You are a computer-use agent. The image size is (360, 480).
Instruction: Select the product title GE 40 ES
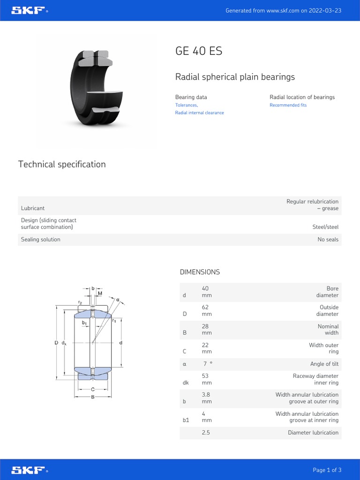(x=199, y=51)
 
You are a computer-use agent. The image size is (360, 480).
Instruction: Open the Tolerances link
(x=186, y=105)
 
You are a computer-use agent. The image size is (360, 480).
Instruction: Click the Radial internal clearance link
(x=199, y=113)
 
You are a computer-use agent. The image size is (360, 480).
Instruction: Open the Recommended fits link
(x=288, y=105)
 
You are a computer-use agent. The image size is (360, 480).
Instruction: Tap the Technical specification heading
(x=62, y=165)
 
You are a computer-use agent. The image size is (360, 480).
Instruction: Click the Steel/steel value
(x=325, y=227)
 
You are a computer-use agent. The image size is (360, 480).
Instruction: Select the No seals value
(x=328, y=240)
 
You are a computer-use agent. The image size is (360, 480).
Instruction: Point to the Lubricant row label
(x=33, y=208)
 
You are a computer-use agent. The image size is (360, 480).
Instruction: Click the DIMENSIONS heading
(x=200, y=272)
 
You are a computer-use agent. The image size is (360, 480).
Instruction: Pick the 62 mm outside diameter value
(x=206, y=311)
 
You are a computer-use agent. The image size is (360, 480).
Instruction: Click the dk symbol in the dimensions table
(x=185, y=383)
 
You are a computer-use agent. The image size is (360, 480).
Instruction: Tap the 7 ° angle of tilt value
(x=207, y=364)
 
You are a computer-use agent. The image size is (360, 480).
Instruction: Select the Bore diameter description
(x=327, y=292)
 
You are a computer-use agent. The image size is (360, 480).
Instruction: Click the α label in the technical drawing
(x=118, y=299)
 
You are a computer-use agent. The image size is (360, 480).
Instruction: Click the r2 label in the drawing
(x=80, y=303)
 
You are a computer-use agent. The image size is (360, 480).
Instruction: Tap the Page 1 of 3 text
(x=327, y=470)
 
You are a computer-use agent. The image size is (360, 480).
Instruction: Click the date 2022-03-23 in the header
(x=325, y=10)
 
